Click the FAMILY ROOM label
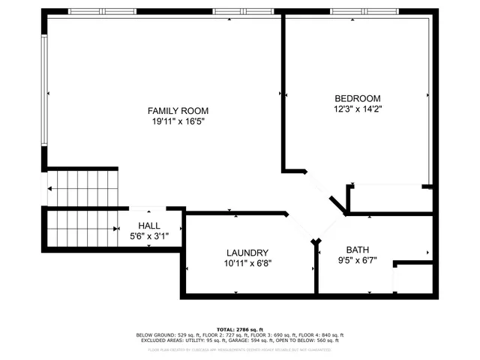[178, 110]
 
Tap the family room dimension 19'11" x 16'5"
[178, 121]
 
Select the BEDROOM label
[357, 98]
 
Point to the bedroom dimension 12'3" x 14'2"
[357, 109]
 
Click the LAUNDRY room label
[247, 253]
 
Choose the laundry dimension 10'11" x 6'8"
[247, 263]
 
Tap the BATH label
[358, 250]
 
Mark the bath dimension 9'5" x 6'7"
[358, 261]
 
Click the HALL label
[148, 226]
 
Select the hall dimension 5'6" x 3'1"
[148, 236]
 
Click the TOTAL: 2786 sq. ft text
[239, 329]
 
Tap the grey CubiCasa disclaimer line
[239, 349]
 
